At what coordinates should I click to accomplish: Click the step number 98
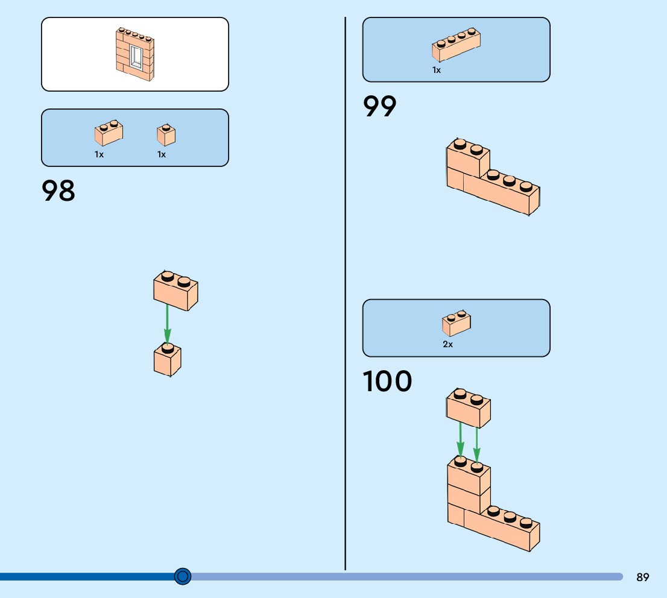[x=58, y=190]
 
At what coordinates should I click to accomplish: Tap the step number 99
[x=380, y=107]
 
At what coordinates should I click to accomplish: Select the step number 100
[x=388, y=382]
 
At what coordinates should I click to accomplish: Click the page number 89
[x=643, y=578]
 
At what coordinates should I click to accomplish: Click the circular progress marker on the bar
[x=183, y=576]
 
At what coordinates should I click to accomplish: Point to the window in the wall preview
[x=136, y=58]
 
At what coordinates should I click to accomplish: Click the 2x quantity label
[x=447, y=345]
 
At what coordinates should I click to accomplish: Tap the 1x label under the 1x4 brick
[x=437, y=70]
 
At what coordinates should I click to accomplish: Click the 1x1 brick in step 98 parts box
[x=166, y=135]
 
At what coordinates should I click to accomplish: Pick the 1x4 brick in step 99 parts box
[x=456, y=45]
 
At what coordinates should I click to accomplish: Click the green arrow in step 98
[x=167, y=326]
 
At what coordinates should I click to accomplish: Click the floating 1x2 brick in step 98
[x=175, y=292]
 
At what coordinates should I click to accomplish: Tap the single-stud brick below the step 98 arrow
[x=168, y=360]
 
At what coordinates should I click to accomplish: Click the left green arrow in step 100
[x=460, y=440]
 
